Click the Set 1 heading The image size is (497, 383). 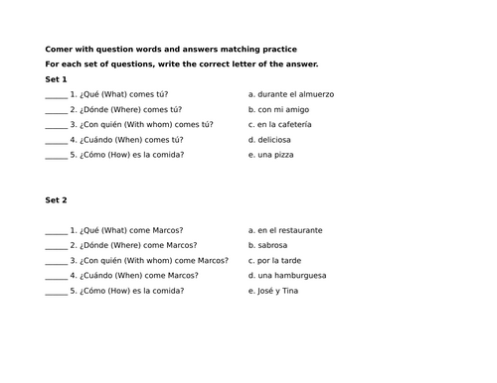[x=56, y=78]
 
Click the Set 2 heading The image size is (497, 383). [x=56, y=200]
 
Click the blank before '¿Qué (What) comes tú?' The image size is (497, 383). [x=56, y=95]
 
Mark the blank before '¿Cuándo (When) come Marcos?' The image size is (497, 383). [x=56, y=277]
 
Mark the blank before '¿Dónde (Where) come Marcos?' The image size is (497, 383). [x=56, y=246]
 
